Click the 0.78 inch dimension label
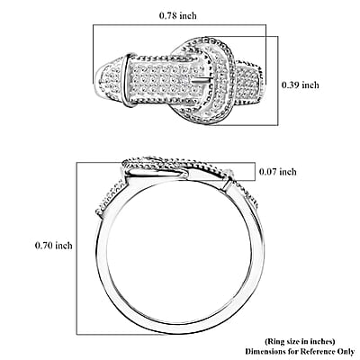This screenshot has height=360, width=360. click(178, 15)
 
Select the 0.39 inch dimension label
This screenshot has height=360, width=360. click(300, 85)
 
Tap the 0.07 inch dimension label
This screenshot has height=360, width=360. click(278, 172)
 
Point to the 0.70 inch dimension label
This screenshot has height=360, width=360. click(54, 246)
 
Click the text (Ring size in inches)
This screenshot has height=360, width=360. click(300, 341)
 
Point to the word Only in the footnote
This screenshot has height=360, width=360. click(348, 351)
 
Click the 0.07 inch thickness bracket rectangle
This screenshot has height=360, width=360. click(256, 172)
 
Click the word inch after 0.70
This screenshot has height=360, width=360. click(64, 246)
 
